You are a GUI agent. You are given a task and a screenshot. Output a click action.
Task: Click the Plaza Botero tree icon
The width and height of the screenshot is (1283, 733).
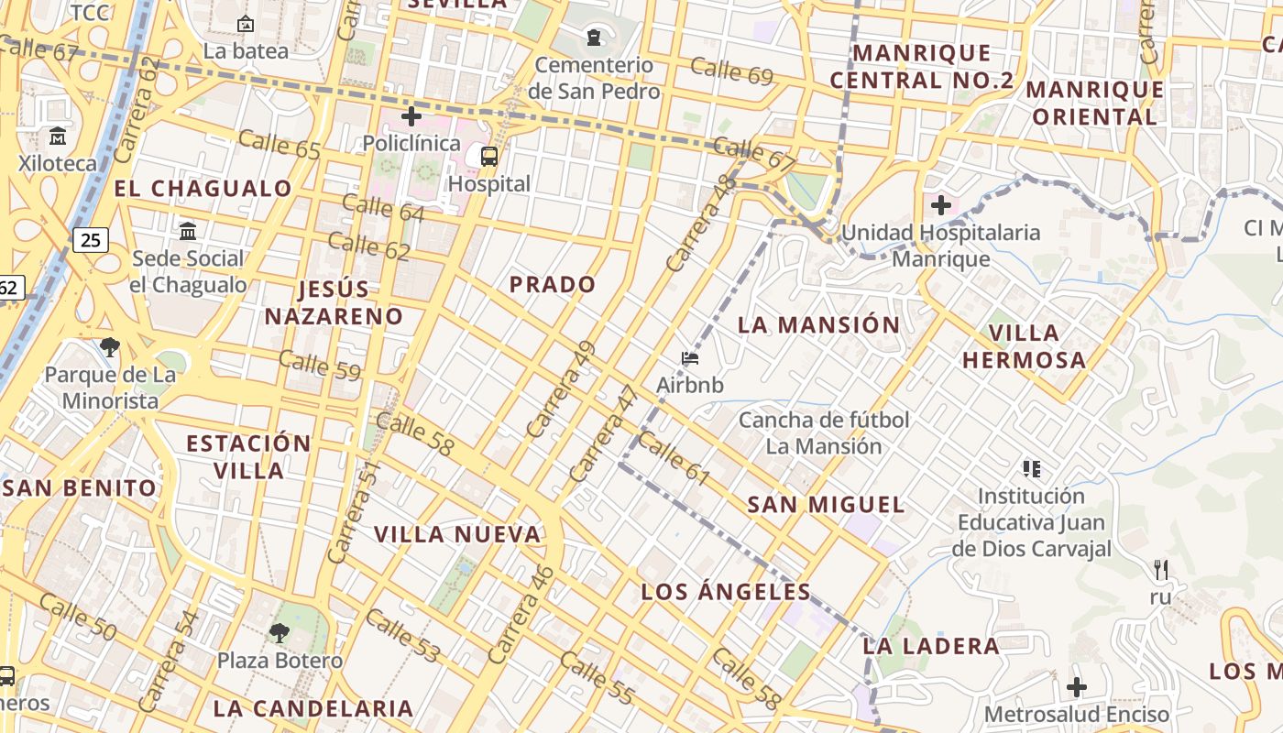click(x=279, y=632)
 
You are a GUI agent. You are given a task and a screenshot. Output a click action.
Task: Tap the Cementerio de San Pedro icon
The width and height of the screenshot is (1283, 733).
click(x=594, y=38)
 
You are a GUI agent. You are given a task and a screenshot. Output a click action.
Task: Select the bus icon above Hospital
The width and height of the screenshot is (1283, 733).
click(x=489, y=157)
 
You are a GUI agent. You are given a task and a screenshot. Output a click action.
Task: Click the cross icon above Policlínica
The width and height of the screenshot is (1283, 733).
click(x=411, y=116)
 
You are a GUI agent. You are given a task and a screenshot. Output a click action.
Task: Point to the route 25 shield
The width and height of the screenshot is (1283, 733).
click(x=91, y=240)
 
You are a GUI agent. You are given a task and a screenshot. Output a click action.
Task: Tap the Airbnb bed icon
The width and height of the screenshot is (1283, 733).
click(x=690, y=358)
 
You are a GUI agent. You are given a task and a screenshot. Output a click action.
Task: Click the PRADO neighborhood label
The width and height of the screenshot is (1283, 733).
click(x=553, y=284)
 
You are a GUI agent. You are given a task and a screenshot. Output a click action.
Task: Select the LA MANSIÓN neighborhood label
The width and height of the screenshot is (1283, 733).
click(x=819, y=324)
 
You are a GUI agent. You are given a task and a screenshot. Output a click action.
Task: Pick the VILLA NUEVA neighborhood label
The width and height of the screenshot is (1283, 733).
click(x=457, y=534)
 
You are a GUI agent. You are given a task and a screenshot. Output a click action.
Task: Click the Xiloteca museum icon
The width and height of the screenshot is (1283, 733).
click(x=58, y=137)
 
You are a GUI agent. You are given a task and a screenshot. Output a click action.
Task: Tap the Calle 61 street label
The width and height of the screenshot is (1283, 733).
click(x=674, y=459)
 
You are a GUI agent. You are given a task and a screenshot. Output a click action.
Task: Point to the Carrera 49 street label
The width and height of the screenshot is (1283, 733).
click(x=562, y=389)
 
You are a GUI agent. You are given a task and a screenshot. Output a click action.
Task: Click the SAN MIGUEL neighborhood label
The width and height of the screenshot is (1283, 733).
click(x=826, y=504)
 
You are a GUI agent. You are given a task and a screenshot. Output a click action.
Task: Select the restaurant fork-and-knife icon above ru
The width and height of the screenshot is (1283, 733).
click(x=1161, y=570)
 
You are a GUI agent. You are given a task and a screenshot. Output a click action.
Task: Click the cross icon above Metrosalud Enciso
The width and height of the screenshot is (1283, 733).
click(x=1077, y=686)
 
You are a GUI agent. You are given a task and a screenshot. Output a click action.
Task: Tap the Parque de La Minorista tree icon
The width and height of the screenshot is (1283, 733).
click(x=110, y=347)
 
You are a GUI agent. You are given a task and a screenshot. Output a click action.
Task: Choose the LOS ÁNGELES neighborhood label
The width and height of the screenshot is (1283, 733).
click(x=726, y=591)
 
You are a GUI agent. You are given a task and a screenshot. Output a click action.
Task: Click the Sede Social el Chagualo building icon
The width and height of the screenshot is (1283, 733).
click(x=188, y=231)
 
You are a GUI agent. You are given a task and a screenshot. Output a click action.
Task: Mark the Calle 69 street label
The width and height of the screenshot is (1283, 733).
click(x=731, y=71)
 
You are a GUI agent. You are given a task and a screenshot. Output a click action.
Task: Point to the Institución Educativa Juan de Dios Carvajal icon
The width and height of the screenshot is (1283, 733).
click(x=1032, y=469)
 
